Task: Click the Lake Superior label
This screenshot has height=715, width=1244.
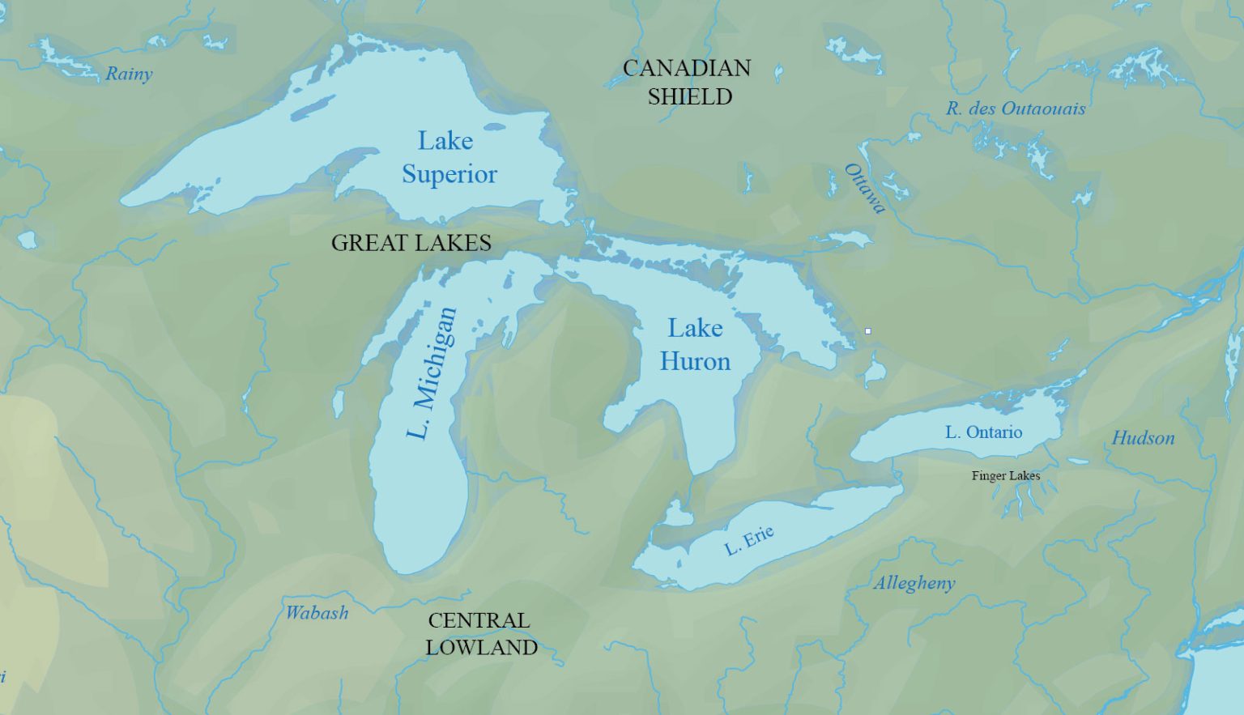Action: pyautogui.click(x=449, y=158)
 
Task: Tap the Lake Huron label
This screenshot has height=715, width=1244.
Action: pyautogui.click(x=695, y=345)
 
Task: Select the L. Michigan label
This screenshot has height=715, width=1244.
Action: pyautogui.click(x=431, y=373)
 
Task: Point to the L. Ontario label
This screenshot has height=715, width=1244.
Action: pyautogui.click(x=983, y=432)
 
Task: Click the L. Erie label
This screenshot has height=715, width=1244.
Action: pyautogui.click(x=749, y=540)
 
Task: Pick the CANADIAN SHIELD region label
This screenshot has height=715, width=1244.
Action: pyautogui.click(x=688, y=82)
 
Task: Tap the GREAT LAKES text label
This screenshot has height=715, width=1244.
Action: pyautogui.click(x=411, y=243)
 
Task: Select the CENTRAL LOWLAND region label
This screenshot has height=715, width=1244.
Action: pyautogui.click(x=481, y=634)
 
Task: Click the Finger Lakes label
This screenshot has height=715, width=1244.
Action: pyautogui.click(x=1006, y=476)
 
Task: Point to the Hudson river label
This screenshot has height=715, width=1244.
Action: pyautogui.click(x=1143, y=438)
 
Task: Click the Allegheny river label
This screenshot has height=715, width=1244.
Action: pyautogui.click(x=914, y=583)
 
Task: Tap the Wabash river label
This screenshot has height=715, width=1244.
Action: pyautogui.click(x=317, y=612)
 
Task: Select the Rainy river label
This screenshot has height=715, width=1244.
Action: pyautogui.click(x=129, y=74)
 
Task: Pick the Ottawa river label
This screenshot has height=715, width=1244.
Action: pyautogui.click(x=865, y=188)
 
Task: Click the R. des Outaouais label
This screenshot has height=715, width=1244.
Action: pyautogui.click(x=1016, y=109)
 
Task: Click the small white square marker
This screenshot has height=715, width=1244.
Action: pyautogui.click(x=868, y=331)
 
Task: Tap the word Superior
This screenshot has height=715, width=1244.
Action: pyautogui.click(x=449, y=175)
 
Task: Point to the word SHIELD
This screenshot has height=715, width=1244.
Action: pyautogui.click(x=689, y=96)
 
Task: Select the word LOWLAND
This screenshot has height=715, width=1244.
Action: pyautogui.click(x=481, y=648)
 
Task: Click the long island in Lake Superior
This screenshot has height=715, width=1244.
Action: pyautogui.click(x=313, y=108)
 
